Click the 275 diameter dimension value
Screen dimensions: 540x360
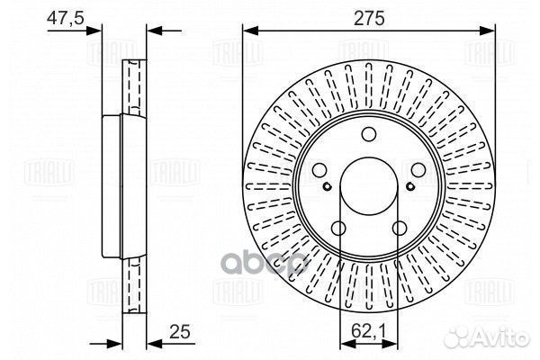(x=369, y=18)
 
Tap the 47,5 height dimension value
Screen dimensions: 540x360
(x=66, y=17)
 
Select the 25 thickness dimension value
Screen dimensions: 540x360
(x=180, y=332)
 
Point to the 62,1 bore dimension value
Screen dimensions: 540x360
(x=369, y=331)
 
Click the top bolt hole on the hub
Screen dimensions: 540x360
(x=369, y=134)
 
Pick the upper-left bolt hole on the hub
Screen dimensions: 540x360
(x=319, y=169)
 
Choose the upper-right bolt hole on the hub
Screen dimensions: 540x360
(x=418, y=169)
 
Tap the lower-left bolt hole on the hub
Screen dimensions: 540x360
(x=338, y=228)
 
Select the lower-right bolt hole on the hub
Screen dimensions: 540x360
(x=400, y=228)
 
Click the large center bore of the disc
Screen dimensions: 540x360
(x=369, y=186)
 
